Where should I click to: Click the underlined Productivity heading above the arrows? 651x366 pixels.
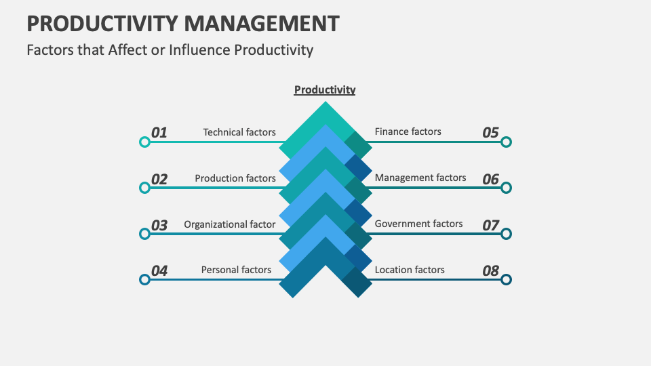tap(325, 89)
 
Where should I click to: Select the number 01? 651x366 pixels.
tap(159, 133)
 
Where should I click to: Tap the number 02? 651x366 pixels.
tap(159, 179)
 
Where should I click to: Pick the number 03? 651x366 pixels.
tap(159, 225)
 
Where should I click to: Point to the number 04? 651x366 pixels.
tap(159, 270)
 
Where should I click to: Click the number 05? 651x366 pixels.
tap(490, 133)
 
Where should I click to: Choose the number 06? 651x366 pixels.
tap(490, 179)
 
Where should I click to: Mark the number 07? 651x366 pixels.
tap(490, 225)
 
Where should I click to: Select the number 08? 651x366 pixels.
tap(490, 270)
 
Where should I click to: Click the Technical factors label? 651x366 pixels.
tap(239, 132)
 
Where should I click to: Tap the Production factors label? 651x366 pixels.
tap(235, 178)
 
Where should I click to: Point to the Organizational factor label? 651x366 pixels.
tap(230, 224)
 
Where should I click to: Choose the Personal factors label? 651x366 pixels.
tap(236, 270)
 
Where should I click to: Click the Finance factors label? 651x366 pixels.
tap(408, 131)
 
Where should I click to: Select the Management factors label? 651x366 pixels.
tap(420, 178)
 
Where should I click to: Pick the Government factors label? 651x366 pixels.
tap(418, 224)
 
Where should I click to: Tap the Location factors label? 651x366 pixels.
tap(410, 270)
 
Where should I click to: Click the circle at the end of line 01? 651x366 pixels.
tap(144, 142)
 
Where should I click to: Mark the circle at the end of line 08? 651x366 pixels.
tap(506, 279)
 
